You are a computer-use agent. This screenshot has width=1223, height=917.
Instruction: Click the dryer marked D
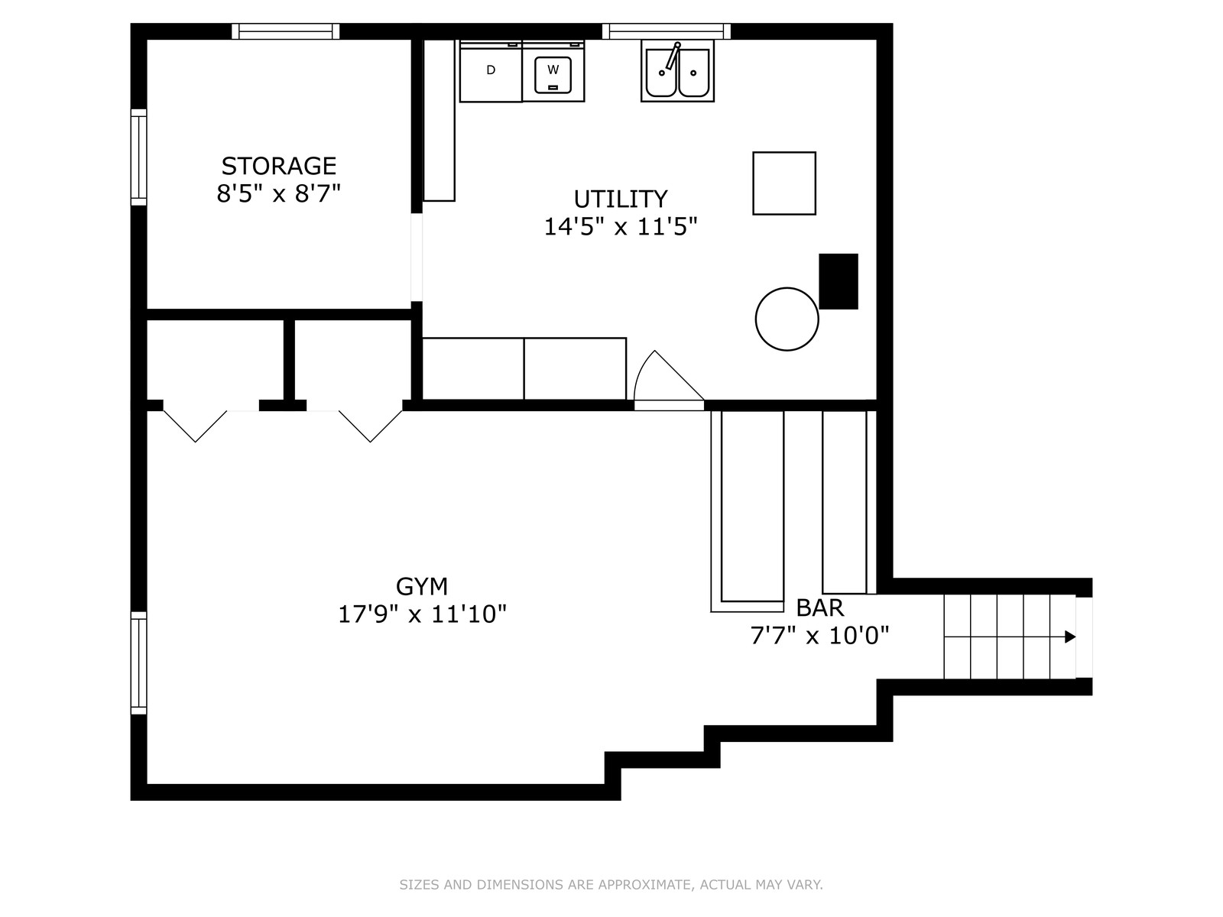click(x=490, y=71)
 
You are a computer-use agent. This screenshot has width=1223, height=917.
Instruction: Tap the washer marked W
click(x=553, y=71)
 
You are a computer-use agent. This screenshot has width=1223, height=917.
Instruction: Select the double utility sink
click(x=677, y=71)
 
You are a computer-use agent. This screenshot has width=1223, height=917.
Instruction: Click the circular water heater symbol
click(x=787, y=319)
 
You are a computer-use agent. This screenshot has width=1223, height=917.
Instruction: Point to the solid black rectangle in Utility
click(x=838, y=281)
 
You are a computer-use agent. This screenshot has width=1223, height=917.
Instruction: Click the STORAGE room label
click(x=278, y=166)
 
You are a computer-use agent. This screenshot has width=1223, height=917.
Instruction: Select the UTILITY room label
click(x=620, y=199)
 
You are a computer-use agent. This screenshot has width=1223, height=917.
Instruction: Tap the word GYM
click(x=422, y=586)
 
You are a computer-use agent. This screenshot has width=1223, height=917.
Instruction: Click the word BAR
click(x=819, y=608)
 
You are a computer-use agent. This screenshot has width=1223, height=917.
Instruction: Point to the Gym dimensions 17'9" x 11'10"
click(x=423, y=614)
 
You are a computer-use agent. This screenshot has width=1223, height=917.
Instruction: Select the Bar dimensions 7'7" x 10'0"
click(x=819, y=635)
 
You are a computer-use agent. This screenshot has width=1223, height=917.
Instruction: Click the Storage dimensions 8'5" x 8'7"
click(x=278, y=194)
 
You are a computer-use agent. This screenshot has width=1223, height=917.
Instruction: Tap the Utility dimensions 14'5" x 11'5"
click(x=620, y=227)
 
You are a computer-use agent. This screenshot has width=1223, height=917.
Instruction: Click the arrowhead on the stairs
click(x=1070, y=637)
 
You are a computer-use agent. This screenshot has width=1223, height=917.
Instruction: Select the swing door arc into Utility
click(x=641, y=368)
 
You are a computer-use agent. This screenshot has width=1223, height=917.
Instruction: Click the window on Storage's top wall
click(x=285, y=32)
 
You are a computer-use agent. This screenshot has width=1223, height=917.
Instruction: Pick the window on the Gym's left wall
click(x=139, y=663)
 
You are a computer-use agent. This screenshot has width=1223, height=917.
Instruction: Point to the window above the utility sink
click(x=667, y=32)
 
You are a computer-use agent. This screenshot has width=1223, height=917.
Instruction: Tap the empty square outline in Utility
click(x=784, y=183)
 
